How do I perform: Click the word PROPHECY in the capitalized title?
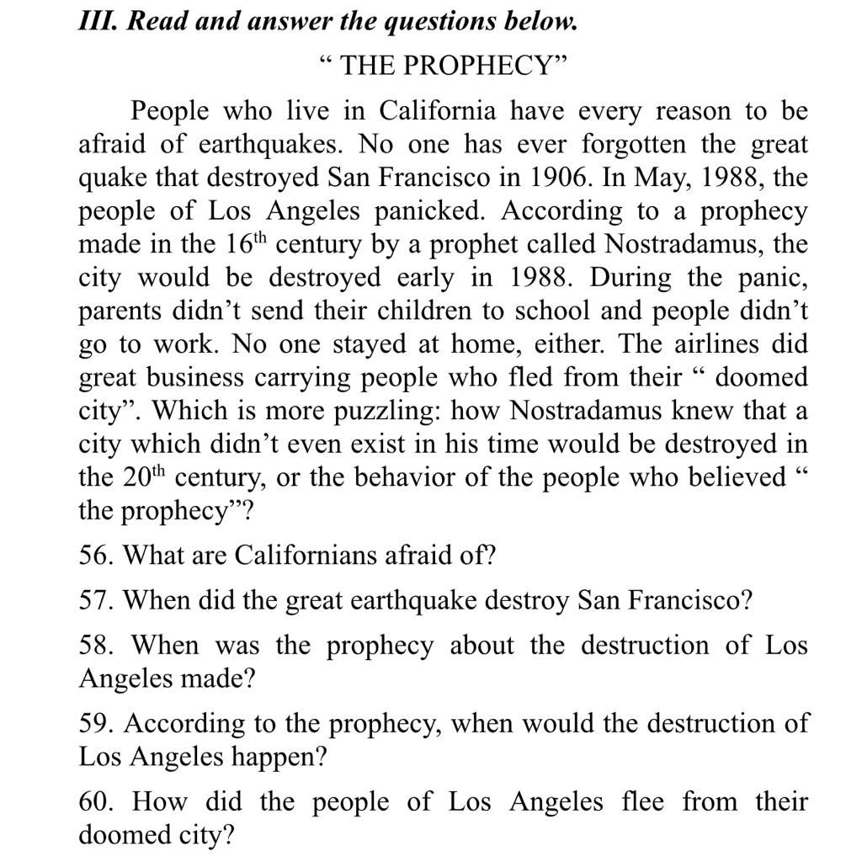472,66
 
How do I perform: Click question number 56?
94,556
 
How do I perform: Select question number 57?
94,601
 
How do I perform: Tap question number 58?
94,646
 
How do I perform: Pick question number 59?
94,724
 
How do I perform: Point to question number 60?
94,801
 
